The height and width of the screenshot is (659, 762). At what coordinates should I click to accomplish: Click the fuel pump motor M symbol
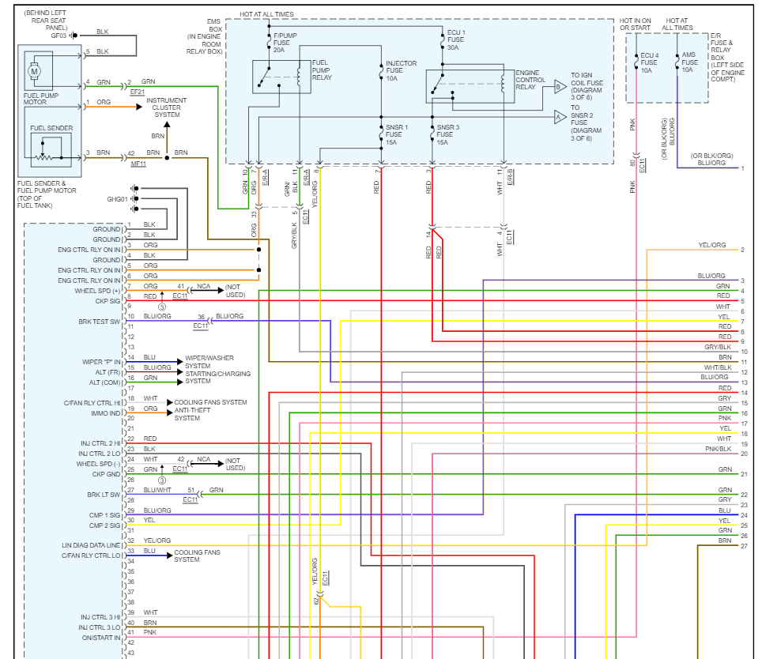[x=34, y=71]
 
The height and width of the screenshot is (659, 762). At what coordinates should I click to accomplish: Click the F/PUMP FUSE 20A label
[x=285, y=43]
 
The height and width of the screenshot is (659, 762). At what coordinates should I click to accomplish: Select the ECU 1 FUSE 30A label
[x=456, y=40]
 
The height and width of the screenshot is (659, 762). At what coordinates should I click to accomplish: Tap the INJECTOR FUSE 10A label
[x=401, y=71]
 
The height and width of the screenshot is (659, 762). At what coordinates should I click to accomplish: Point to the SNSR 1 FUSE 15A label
[x=397, y=134]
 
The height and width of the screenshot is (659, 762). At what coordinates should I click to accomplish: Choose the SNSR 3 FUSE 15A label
[x=447, y=134]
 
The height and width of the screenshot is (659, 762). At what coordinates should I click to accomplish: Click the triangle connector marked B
[x=560, y=88]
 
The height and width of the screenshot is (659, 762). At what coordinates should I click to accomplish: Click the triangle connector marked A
[x=560, y=117]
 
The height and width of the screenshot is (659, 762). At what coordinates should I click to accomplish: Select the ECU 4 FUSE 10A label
[x=649, y=62]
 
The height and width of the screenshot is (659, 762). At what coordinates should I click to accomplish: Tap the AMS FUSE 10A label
[x=689, y=62]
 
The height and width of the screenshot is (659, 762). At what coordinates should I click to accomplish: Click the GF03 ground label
[x=58, y=36]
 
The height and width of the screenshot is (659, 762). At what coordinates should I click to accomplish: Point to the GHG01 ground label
[x=117, y=199]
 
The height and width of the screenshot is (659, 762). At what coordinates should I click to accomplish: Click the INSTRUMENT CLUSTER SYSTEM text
[x=166, y=107]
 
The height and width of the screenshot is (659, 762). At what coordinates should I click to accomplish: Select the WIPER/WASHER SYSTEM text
[x=209, y=362]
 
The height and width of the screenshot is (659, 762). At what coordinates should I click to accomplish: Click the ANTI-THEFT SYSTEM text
[x=192, y=414]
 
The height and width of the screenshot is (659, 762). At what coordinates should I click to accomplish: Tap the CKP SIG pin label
[x=108, y=301]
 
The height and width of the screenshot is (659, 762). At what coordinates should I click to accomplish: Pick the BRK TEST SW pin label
[x=99, y=322]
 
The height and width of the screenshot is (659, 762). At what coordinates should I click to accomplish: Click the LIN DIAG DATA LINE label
[x=91, y=545]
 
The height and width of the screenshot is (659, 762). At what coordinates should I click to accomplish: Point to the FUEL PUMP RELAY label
[x=322, y=70]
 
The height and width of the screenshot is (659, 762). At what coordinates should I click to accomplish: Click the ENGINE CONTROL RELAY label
[x=530, y=80]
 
